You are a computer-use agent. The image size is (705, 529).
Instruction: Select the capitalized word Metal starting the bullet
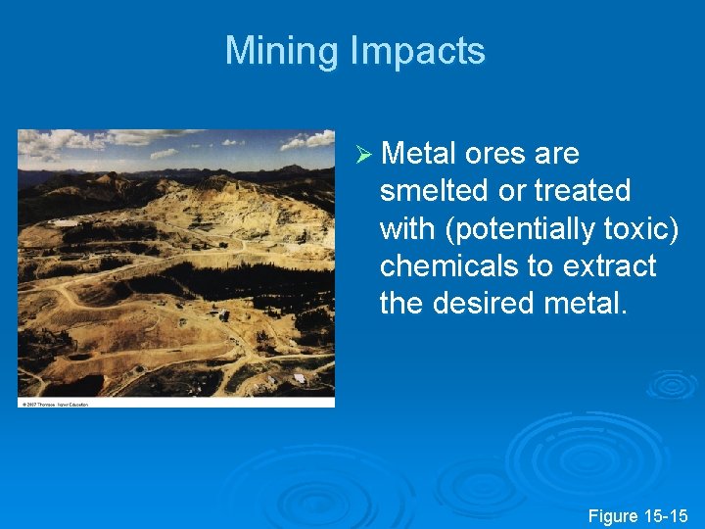pos(419,154)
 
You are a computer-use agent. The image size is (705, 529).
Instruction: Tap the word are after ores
pos(558,154)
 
